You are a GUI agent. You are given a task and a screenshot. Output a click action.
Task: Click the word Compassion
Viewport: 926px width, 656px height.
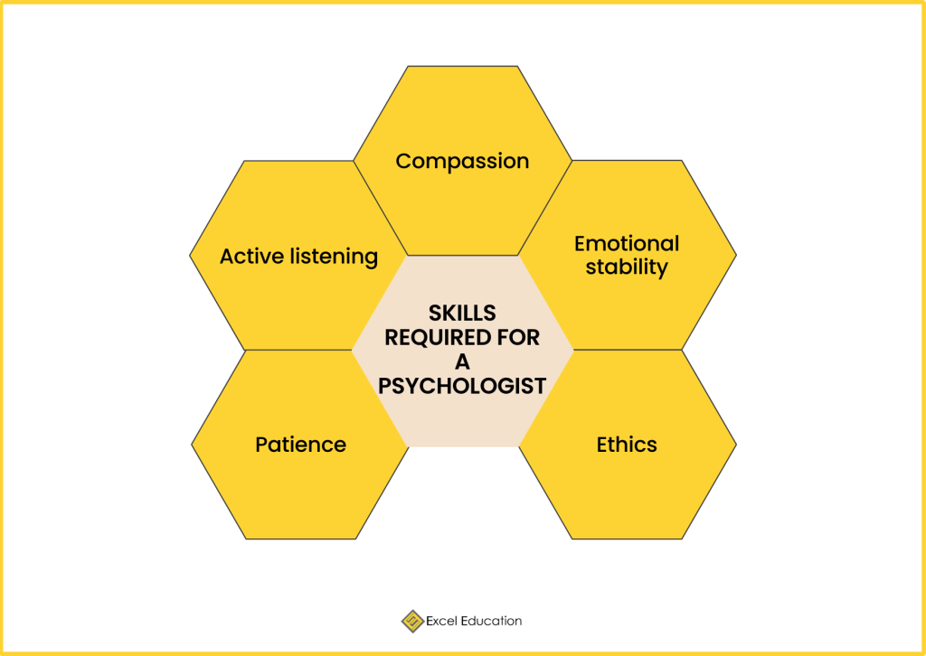pos(462,162)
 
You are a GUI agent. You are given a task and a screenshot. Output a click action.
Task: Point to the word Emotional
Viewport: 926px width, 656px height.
pos(627,243)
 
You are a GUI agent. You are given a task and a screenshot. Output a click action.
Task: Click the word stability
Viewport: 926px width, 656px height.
pos(627,267)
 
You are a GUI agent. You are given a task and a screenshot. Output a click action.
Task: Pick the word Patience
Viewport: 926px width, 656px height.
pos(300,445)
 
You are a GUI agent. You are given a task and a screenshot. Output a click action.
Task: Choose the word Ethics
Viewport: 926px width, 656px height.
pos(627,445)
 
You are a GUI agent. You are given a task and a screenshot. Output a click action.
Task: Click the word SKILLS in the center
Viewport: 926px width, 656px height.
pos(462,314)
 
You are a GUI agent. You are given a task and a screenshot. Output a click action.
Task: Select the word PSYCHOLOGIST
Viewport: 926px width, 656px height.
pos(462,387)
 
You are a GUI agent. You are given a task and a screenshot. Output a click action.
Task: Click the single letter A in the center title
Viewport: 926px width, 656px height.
pos(462,362)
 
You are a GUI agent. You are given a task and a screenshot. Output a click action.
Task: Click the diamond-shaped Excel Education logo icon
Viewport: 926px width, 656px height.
pos(412,621)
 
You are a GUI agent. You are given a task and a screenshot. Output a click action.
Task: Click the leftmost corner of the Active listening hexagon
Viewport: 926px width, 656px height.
pos(191,256)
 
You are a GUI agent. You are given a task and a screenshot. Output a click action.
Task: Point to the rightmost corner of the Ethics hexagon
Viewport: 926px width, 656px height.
pos(735,445)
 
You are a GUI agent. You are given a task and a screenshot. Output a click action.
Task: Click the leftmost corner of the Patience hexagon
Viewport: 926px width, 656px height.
pos(192,445)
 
